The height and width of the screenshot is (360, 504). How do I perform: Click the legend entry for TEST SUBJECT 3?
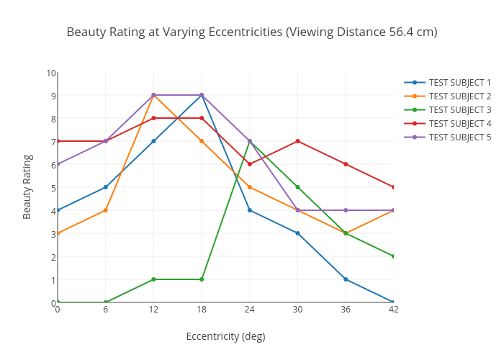pos(459,109)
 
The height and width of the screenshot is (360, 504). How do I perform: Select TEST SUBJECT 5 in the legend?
pos(459,137)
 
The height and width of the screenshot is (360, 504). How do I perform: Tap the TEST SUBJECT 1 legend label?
pos(459,82)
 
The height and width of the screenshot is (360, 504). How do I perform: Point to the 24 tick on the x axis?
pos(250,310)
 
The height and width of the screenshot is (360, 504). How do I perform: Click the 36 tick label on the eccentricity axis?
pos(346,310)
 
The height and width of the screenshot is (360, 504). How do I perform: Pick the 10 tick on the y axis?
pos(51,73)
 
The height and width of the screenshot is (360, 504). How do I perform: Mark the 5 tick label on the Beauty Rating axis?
pos(52,188)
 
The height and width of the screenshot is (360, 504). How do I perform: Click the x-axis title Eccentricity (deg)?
pos(225,336)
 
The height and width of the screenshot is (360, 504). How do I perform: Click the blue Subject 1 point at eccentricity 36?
pos(346,279)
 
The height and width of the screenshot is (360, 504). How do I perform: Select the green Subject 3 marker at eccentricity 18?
pos(202,279)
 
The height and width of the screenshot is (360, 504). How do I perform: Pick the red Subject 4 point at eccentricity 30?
pos(297,141)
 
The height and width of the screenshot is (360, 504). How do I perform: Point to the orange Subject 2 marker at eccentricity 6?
pos(106,210)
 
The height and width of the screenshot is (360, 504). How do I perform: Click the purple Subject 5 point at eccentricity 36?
pos(346,210)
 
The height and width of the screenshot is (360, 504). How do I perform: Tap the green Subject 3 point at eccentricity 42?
pos(393,256)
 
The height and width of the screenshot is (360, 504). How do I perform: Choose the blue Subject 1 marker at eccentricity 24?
pos(250,210)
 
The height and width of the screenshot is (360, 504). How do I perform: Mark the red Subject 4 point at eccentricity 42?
pos(393,187)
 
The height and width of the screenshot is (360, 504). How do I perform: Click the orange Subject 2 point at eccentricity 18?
pos(202,141)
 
